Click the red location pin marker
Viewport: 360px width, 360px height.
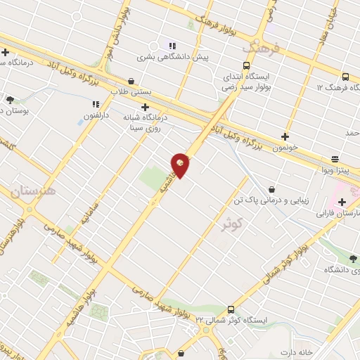tap(181, 165)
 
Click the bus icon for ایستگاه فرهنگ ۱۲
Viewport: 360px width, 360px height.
tap(345, 77)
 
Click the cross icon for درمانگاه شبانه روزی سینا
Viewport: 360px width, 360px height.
tap(145, 107)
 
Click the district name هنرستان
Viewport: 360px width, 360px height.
tap(33, 191)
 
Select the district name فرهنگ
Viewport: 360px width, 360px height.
tap(261, 47)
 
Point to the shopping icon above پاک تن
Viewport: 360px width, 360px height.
tap(271, 188)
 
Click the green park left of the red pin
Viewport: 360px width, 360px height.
tap(153, 179)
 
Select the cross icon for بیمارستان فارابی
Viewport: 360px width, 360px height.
tap(341, 202)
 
